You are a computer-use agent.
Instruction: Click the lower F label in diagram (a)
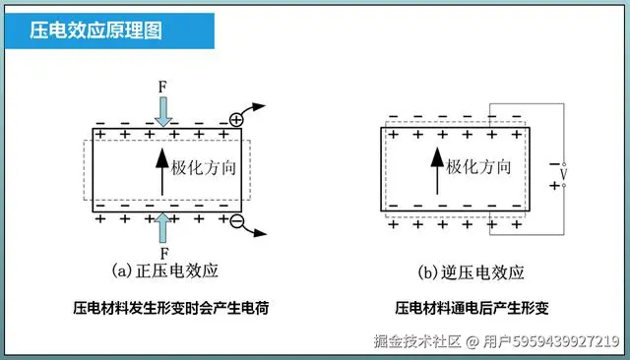tap(162, 253)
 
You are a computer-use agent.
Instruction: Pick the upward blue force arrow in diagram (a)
tap(162, 226)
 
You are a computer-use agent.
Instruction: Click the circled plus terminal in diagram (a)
tap(235, 119)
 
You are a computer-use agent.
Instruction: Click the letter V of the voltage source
tap(563, 174)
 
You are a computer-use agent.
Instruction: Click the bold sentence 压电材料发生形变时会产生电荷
tap(171, 308)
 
